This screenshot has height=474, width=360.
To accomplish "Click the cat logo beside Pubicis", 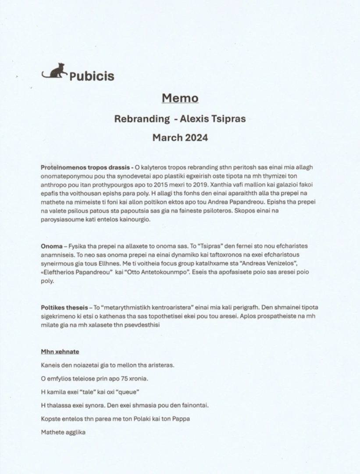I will [54, 71].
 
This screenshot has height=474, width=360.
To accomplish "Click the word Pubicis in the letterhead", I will [92, 76].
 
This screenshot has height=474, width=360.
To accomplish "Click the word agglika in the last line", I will [76, 432].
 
